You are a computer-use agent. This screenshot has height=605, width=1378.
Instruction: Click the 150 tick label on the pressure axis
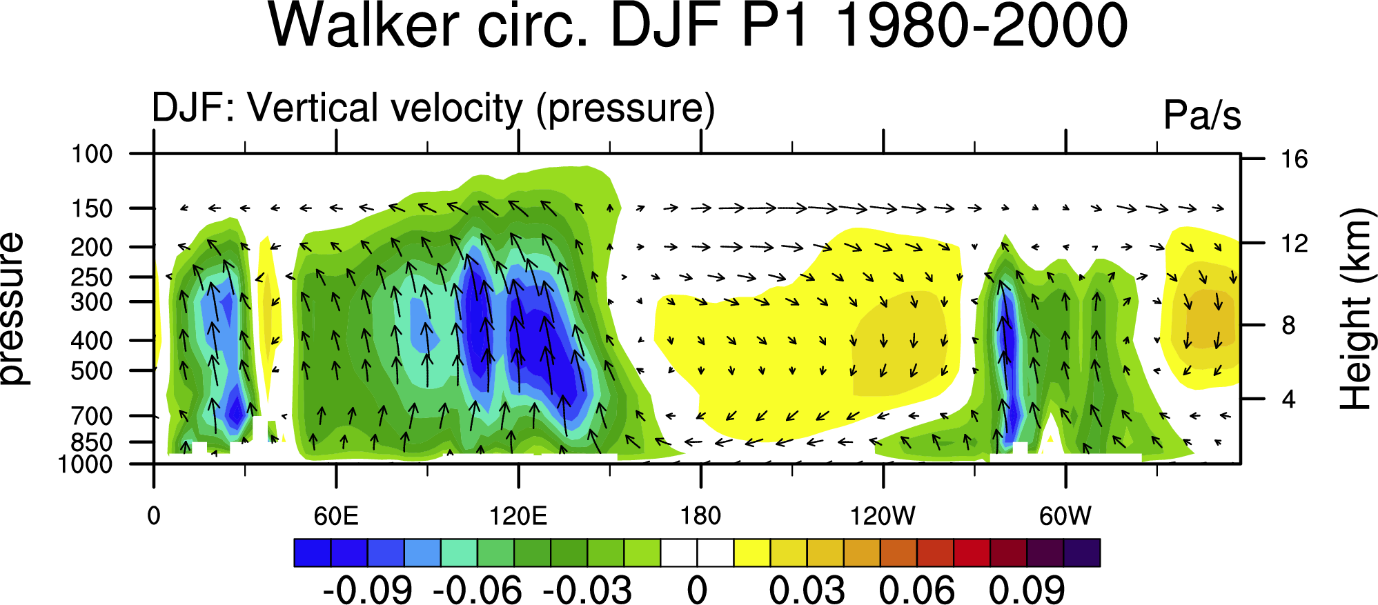[92, 208]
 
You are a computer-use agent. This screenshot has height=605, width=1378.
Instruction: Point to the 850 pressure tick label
[92, 442]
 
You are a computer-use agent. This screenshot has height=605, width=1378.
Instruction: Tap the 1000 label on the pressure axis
[85, 464]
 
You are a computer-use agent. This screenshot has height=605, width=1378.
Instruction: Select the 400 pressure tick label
[92, 341]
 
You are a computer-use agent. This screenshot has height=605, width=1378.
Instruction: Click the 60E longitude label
[336, 516]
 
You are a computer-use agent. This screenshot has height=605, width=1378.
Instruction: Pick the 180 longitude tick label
[701, 516]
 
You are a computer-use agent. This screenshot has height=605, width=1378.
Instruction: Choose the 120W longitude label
[883, 516]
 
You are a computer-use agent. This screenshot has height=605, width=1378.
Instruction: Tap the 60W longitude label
[1065, 516]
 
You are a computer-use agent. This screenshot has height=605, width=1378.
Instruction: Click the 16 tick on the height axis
[1295, 159]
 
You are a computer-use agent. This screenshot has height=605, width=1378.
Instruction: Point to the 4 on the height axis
[1288, 399]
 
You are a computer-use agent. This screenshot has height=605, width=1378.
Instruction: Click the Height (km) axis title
[1355, 308]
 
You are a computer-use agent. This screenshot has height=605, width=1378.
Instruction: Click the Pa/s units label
[1202, 115]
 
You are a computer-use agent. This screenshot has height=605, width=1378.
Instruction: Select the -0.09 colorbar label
[367, 590]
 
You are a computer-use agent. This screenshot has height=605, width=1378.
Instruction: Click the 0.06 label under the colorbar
[917, 590]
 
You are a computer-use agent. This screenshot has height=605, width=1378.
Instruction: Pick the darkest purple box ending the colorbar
[1082, 553]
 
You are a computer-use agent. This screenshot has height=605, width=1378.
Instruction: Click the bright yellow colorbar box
[752, 553]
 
